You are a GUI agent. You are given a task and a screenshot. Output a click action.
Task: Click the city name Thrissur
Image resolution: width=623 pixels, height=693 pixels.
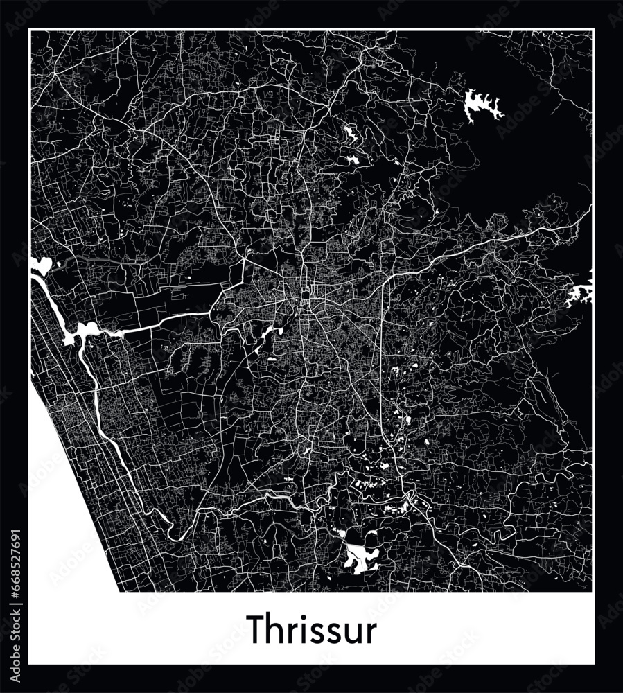tap(313, 629)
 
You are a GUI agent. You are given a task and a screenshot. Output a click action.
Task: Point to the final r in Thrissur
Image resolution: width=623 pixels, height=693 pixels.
tap(371, 633)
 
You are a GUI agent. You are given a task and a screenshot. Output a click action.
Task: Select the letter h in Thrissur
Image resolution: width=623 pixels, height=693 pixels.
tap(274, 629)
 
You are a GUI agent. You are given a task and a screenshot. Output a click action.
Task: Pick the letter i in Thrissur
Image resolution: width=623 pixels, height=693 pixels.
tap(301, 629)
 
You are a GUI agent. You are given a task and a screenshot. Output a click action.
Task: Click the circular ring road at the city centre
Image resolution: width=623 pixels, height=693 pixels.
tap(306, 295)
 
